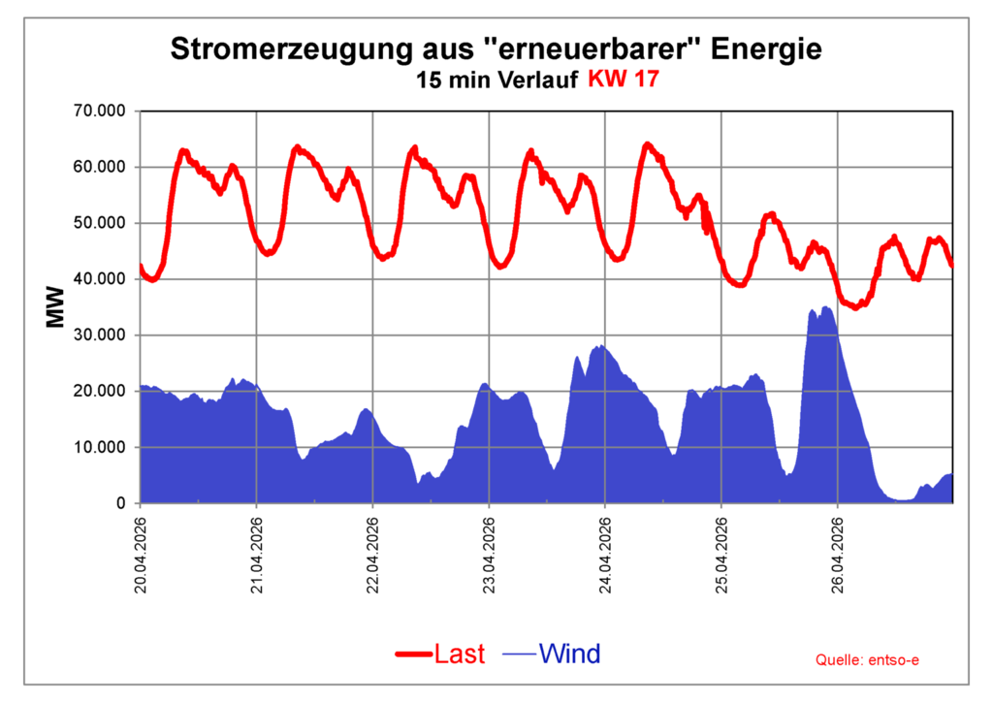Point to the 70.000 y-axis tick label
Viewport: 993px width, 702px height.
(x=100, y=111)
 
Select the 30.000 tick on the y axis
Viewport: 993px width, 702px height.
(x=100, y=335)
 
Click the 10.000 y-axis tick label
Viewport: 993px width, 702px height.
(x=100, y=447)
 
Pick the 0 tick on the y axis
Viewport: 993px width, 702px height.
(x=121, y=503)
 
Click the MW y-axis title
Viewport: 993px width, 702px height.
(x=56, y=306)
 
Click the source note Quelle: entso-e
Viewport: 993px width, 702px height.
(x=866, y=660)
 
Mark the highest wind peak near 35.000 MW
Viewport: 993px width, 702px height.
(x=825, y=307)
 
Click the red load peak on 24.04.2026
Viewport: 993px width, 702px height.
(x=648, y=145)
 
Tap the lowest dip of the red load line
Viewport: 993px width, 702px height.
(x=854, y=307)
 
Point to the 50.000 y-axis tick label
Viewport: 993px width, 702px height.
(x=100, y=223)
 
